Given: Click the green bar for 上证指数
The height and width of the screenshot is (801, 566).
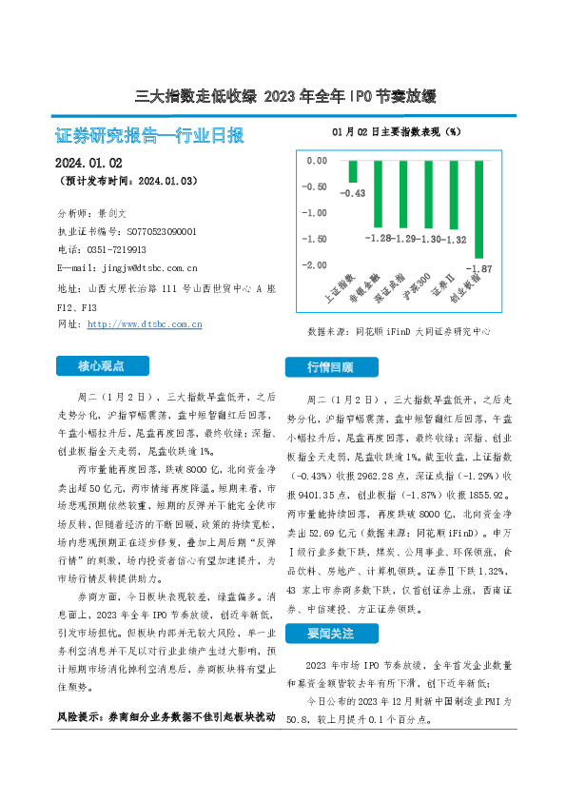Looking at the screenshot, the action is (x=353, y=171).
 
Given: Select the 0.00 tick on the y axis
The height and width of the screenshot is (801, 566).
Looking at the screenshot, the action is (x=316, y=161).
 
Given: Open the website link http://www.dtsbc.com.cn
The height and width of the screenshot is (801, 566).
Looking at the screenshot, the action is (x=144, y=324).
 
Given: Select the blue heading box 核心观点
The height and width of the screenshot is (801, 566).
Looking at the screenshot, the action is (x=102, y=365).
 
